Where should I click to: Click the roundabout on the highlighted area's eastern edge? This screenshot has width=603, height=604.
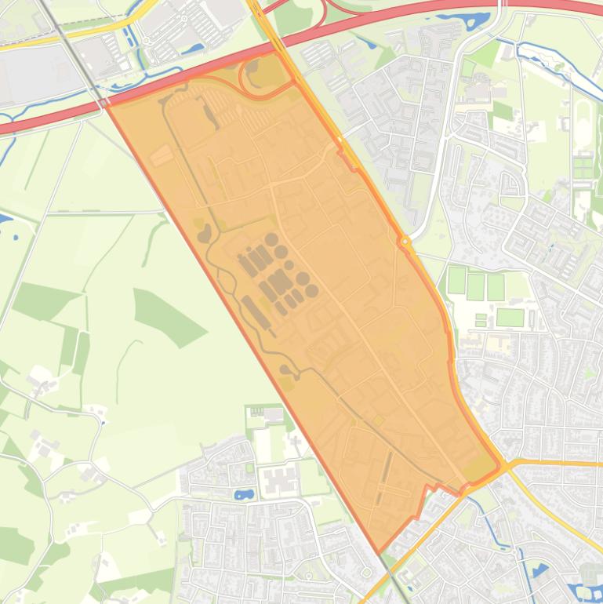coord(405,242)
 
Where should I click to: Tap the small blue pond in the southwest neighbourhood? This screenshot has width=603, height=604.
coord(244,495)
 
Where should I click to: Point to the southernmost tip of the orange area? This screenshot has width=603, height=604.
coord(379,552)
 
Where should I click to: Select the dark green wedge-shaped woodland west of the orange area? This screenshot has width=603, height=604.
coord(164,315)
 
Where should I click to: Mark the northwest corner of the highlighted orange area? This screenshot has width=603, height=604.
coord(107,102)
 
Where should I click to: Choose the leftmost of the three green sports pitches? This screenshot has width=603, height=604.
coord(456,280)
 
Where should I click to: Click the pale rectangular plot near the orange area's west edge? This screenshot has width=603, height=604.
coord(162,155)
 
